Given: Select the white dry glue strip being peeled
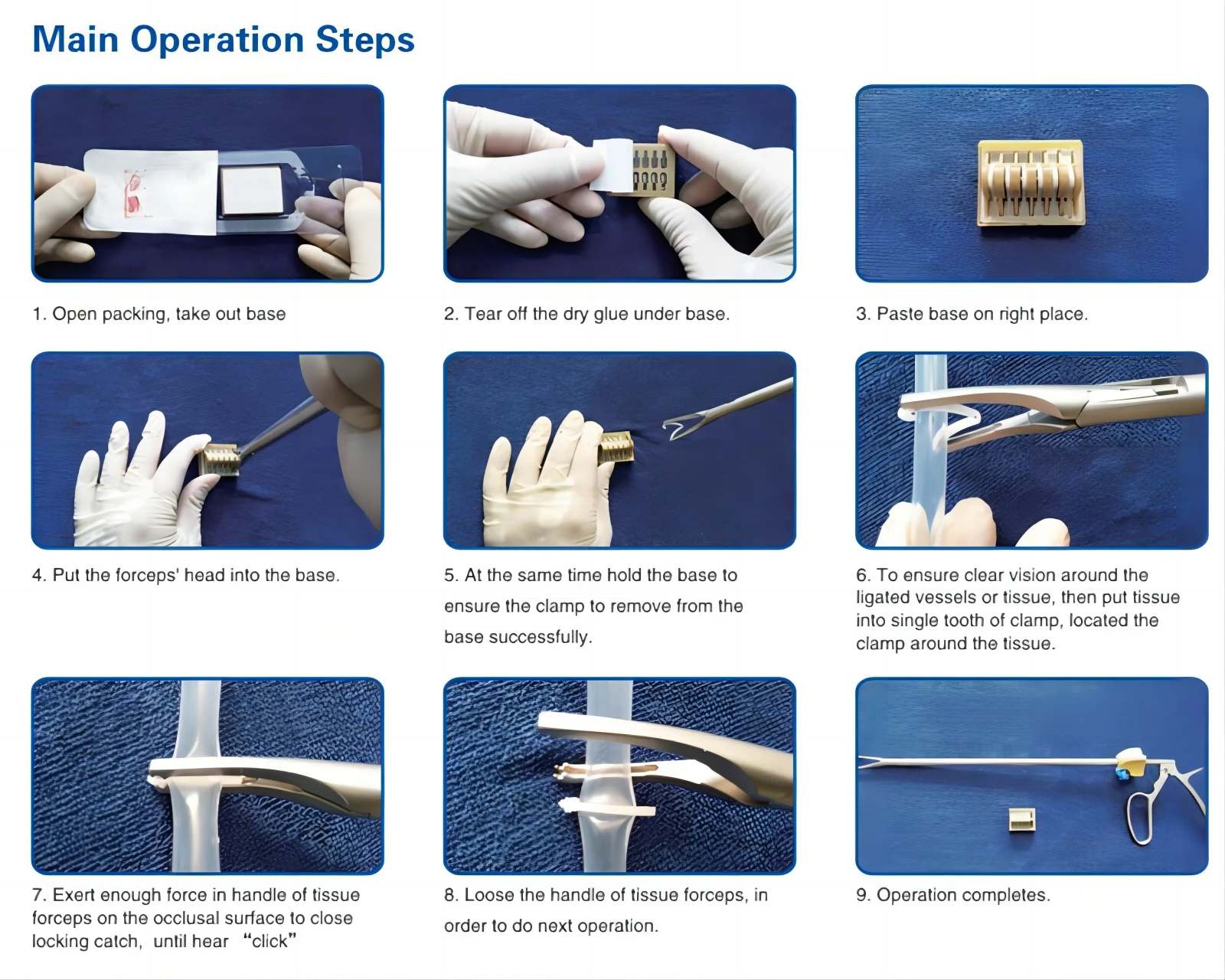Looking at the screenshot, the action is pyautogui.click(x=611, y=165).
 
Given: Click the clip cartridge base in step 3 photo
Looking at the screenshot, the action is pyautogui.click(x=1031, y=182).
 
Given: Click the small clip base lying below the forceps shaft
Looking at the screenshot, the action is pyautogui.click(x=1022, y=820).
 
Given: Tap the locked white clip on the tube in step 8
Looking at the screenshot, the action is pyautogui.click(x=607, y=808).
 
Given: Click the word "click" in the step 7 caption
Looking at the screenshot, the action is pyautogui.click(x=269, y=941).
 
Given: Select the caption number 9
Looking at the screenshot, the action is pyautogui.click(x=863, y=895).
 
